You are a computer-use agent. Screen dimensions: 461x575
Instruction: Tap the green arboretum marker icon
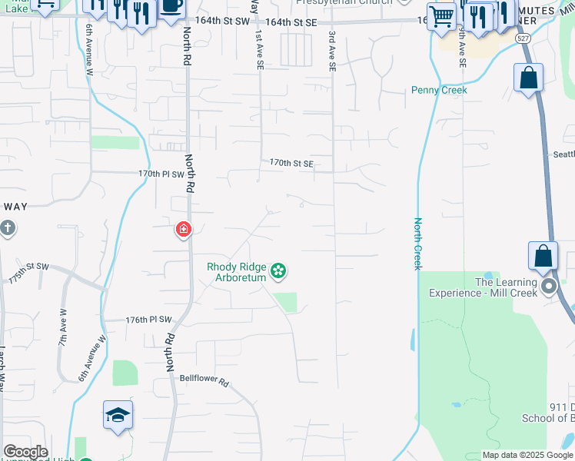coord(279,270)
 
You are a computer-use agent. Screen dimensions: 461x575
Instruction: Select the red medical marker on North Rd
coord(184,228)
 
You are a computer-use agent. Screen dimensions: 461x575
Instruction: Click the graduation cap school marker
coord(118,416)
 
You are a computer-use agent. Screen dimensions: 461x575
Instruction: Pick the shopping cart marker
coord(441,16)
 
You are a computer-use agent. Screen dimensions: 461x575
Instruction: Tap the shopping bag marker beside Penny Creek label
coord(528,78)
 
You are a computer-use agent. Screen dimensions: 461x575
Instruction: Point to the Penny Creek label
coord(439,90)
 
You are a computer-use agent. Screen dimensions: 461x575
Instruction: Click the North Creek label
coord(417,244)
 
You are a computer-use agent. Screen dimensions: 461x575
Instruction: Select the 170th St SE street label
coord(291,163)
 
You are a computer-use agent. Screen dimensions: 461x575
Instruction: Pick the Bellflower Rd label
coord(204,380)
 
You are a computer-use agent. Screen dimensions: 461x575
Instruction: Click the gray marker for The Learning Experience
coord(549,287)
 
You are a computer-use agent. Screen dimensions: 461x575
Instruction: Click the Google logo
coord(25,452)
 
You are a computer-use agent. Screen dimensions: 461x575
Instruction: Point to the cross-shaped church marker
coord(7,227)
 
